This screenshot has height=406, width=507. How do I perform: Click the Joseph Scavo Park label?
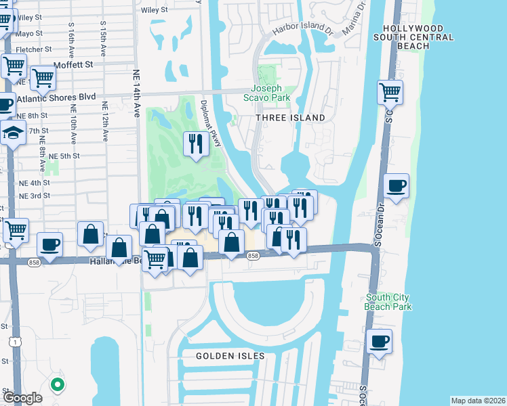(270, 93)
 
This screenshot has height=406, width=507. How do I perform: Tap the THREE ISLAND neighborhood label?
(290, 118)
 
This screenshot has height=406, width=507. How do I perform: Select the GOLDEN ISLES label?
(230, 355)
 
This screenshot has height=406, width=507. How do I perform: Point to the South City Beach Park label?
(388, 302)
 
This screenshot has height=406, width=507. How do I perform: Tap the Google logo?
(22, 397)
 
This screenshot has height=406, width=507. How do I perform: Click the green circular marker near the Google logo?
(58, 386)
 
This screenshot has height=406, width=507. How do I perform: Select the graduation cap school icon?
(14, 132)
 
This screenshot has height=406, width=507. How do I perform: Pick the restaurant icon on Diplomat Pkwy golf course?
(195, 143)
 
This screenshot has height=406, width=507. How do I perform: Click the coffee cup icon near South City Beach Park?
(380, 342)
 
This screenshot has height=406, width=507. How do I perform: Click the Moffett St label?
(73, 64)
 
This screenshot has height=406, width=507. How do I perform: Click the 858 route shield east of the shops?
(254, 255)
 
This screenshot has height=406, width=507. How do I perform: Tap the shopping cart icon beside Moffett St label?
(43, 78)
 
